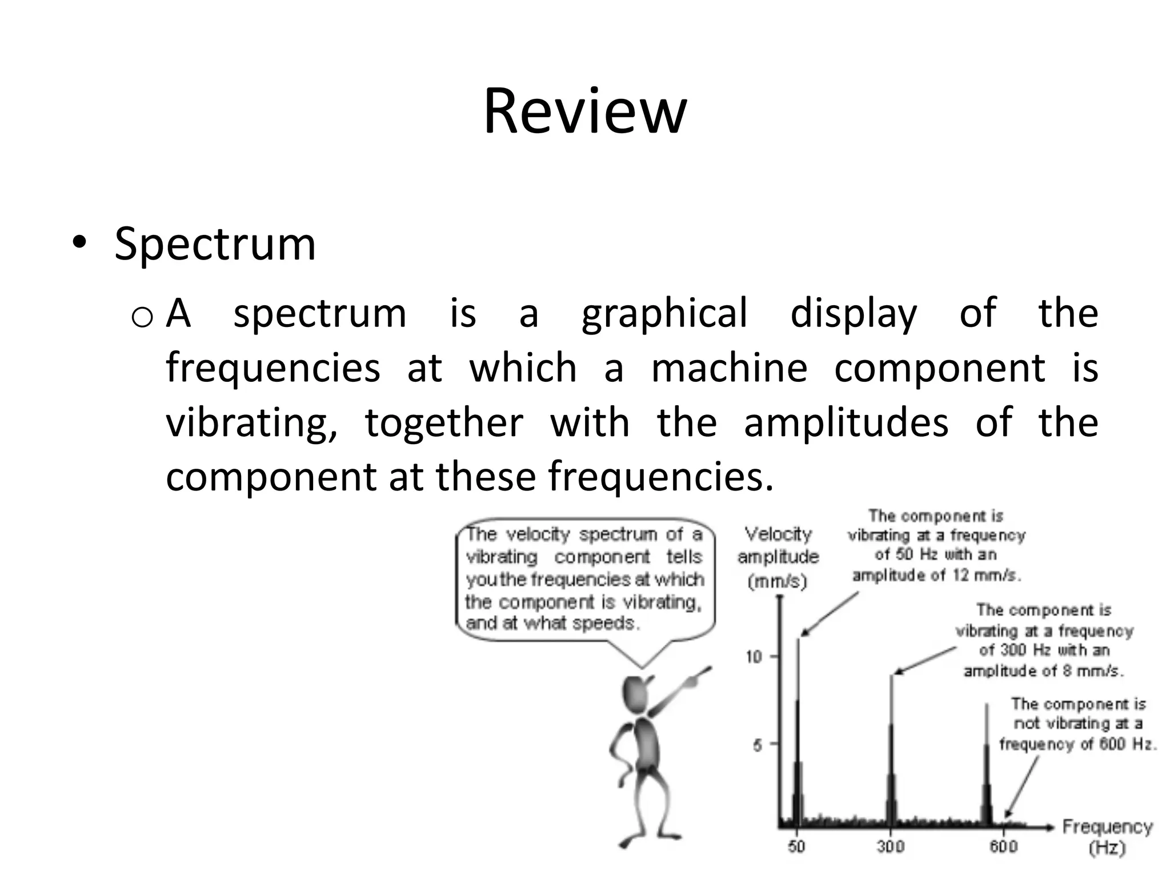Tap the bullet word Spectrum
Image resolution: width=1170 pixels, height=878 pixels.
tap(215, 245)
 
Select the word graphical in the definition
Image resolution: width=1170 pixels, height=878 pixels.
tap(664, 313)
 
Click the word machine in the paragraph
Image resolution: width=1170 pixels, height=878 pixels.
tap(730, 368)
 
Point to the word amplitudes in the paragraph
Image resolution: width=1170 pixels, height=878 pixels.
tap(846, 422)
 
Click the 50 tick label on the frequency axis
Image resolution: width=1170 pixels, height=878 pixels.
tap(796, 847)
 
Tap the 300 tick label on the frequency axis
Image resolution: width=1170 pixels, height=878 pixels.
tap(891, 847)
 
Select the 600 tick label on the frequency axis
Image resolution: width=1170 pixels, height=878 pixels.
tap(1003, 847)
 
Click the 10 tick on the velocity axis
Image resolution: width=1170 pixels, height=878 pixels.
tap(754, 657)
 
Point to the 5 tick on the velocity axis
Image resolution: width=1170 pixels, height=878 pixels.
tap(758, 745)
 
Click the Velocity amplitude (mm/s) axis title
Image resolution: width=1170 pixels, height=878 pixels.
tap(778, 557)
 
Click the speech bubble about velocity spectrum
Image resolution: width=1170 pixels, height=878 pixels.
tap(584, 579)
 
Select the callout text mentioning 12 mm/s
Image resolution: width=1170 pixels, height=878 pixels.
tap(936, 545)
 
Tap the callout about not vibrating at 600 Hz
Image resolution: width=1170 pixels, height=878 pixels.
tap(1077, 724)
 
